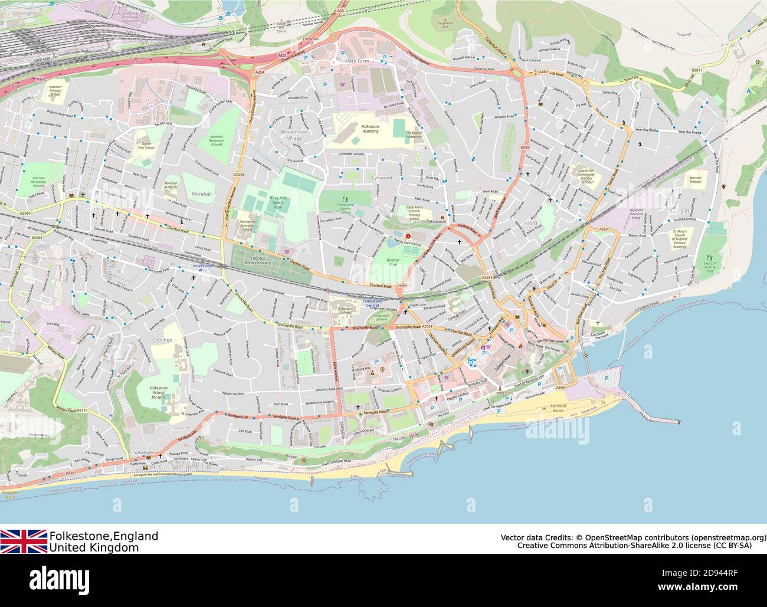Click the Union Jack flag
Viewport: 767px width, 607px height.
coord(24,541)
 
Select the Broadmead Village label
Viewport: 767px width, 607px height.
coord(294,134)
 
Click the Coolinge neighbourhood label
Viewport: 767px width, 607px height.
coord(161,340)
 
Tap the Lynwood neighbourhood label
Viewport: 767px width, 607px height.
coord(382,177)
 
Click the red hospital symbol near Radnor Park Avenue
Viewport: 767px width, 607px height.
coord(408,237)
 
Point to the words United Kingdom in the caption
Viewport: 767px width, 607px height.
coord(94,547)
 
